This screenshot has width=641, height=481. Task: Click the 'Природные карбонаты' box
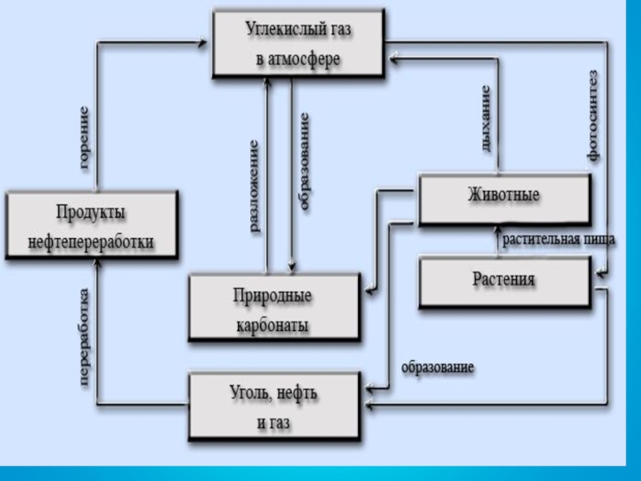[x=272, y=309]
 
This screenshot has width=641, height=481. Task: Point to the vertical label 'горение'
[x=83, y=138]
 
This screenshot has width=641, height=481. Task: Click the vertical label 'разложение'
[x=254, y=186]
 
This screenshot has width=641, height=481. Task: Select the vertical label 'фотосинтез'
[x=592, y=116]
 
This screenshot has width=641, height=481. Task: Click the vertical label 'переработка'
[x=84, y=340]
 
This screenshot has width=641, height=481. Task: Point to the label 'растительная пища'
[x=558, y=239]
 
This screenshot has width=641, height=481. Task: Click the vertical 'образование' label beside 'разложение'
[x=304, y=162]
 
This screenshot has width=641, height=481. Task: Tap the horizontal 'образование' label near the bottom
[x=437, y=367]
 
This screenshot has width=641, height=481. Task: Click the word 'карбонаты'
[x=272, y=325]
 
